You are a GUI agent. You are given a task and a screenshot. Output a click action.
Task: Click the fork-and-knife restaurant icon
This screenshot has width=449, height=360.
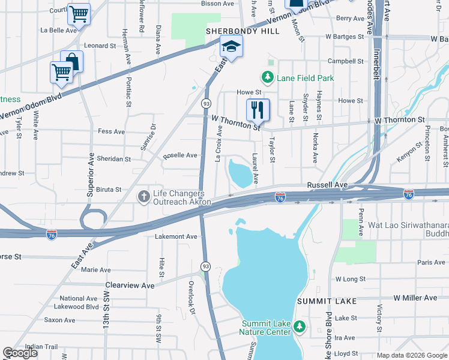tap(258, 109)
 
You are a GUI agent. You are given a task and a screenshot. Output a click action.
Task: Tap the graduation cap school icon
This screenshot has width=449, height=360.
tap(230, 46)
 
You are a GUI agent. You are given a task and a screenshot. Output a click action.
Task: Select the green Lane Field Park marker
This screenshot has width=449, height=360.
tap(267, 77)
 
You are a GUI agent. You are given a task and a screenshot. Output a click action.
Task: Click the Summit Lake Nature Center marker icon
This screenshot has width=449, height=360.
tap(301, 327)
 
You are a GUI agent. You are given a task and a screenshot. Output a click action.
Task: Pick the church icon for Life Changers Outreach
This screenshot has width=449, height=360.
tap(143, 196)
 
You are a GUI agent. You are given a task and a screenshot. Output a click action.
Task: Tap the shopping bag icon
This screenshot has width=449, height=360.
tap(72, 61)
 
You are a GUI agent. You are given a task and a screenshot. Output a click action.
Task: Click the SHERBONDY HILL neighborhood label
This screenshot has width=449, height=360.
tap(235, 31)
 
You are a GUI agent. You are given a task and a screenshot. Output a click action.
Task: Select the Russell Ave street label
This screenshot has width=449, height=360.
tap(327, 185)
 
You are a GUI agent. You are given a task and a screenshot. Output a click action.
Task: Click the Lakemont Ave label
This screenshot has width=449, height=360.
tap(176, 237)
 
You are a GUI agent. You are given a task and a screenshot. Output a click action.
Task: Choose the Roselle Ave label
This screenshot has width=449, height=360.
tap(180, 155)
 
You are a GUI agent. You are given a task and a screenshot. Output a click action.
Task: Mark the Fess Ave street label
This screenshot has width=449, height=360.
tap(111, 131)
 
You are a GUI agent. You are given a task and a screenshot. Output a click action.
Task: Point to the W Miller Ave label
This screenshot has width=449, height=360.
tap(415, 298)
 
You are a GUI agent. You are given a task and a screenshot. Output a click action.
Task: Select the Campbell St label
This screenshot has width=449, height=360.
tap(345, 61)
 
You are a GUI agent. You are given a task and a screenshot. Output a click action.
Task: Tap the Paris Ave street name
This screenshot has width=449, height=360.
tap(432, 262)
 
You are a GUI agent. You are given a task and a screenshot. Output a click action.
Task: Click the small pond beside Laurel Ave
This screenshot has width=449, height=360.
tap(241, 174)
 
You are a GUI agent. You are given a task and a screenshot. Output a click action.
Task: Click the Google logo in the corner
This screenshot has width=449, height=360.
tap(20, 353)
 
